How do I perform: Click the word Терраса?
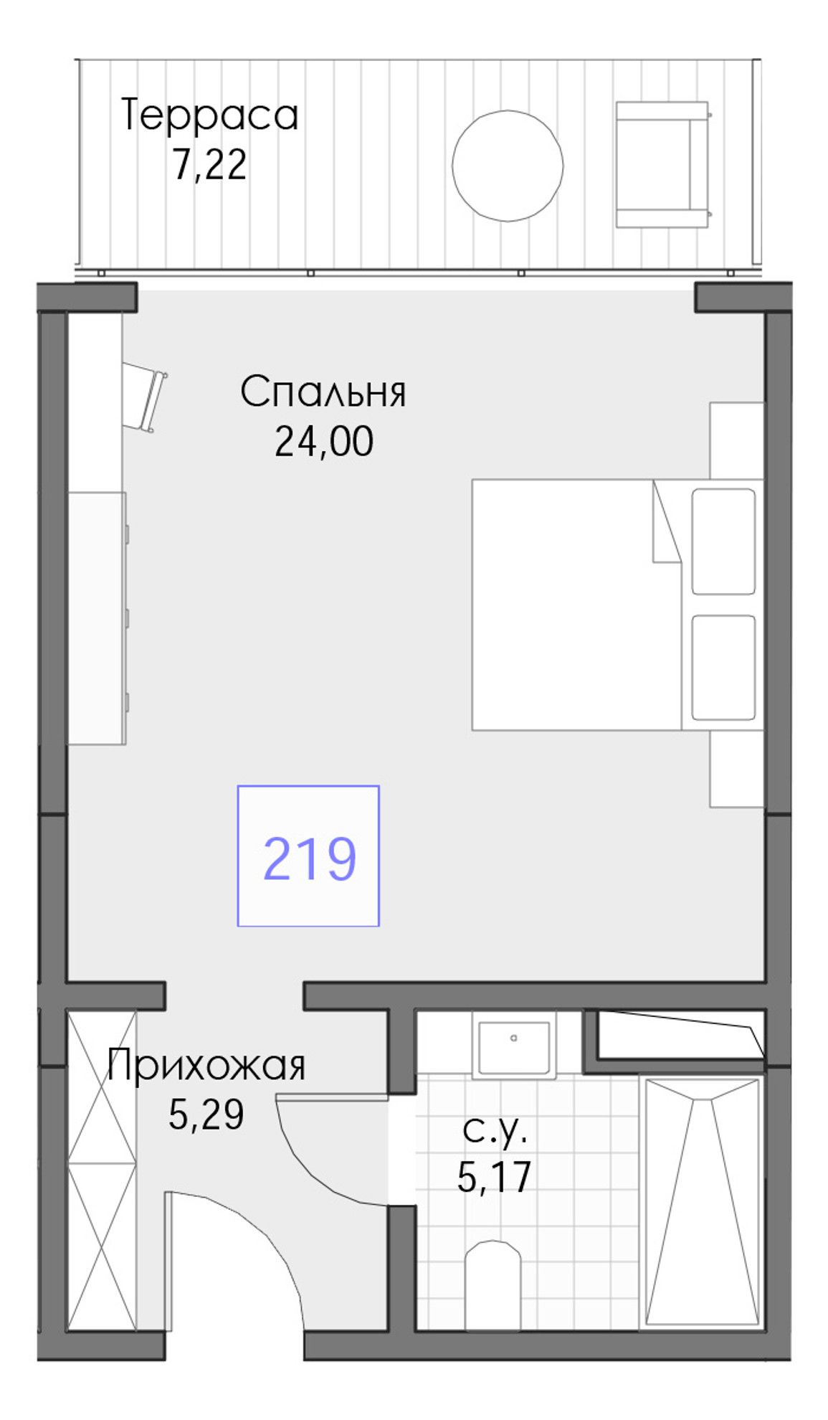[x=209, y=116]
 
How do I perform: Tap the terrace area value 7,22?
[x=209, y=165]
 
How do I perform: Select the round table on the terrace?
[x=507, y=166]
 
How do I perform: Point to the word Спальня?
[x=323, y=392]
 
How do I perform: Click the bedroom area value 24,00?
[x=324, y=442]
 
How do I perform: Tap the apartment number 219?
[x=309, y=858]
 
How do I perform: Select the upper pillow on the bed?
[x=723, y=541]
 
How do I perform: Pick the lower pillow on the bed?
[x=723, y=667]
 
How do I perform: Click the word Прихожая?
[x=206, y=1066]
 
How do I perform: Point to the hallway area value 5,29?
[x=206, y=1114]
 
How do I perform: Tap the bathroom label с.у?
[x=495, y=1131]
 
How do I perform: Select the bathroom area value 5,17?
[x=494, y=1177]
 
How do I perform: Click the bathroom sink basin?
[x=514, y=1044]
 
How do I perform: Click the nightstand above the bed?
[x=737, y=440]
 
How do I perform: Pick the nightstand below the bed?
[x=737, y=769]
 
